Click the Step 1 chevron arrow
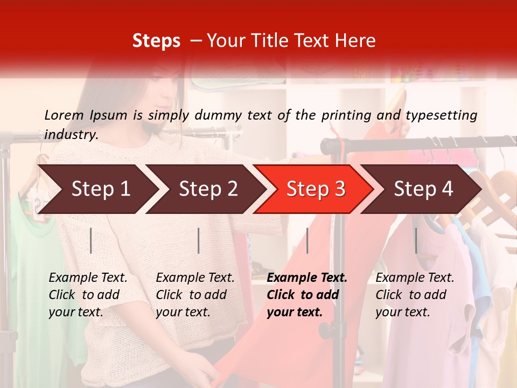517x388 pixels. click(97, 189)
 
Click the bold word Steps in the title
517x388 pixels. click(156, 41)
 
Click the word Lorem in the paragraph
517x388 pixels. click(64, 115)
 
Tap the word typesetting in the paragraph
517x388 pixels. click(441, 115)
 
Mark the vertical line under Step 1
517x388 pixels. click(91, 240)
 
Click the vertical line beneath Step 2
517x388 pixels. click(199, 240)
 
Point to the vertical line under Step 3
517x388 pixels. click(307, 240)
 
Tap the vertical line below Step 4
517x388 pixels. click(415, 240)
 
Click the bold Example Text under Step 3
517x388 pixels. click(307, 278)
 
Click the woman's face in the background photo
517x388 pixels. click(162, 100)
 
